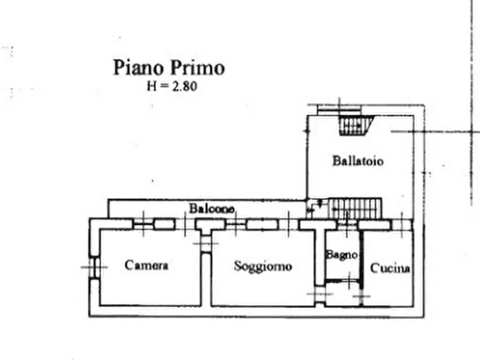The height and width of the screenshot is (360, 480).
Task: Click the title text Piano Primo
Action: [169, 68]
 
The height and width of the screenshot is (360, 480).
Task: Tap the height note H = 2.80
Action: [172, 86]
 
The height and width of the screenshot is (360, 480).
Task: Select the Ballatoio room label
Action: [358, 161]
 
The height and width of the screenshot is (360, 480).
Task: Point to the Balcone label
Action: [212, 208]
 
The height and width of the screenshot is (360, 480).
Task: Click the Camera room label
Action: [146, 265]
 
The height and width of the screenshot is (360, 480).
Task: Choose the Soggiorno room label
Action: [263, 266]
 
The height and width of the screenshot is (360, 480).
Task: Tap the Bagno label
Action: [342, 255]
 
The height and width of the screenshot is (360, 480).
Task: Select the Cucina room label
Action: [390, 268]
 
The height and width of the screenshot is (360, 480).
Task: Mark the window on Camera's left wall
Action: [94, 267]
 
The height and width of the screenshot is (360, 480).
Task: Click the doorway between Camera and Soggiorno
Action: [206, 244]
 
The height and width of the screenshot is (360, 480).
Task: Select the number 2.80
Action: [184, 87]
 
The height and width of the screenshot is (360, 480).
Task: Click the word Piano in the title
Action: [138, 68]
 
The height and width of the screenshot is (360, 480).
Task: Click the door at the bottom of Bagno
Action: [343, 280]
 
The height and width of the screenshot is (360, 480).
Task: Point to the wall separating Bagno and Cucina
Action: [362, 267]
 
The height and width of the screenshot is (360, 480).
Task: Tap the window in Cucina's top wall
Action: [402, 225]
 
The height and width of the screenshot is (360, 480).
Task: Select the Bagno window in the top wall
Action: [347, 225]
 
